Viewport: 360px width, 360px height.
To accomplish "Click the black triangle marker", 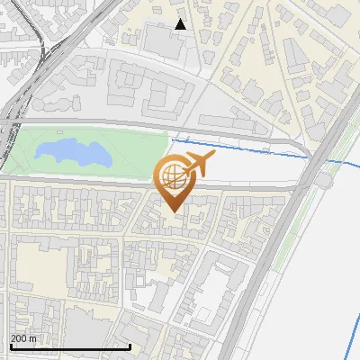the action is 181,24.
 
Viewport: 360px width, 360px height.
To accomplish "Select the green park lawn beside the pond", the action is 135,148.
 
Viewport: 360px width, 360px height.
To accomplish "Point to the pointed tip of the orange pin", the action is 174,212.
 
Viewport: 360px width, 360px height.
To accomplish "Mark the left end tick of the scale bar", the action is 11,345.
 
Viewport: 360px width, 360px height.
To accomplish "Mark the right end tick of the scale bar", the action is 130,345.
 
